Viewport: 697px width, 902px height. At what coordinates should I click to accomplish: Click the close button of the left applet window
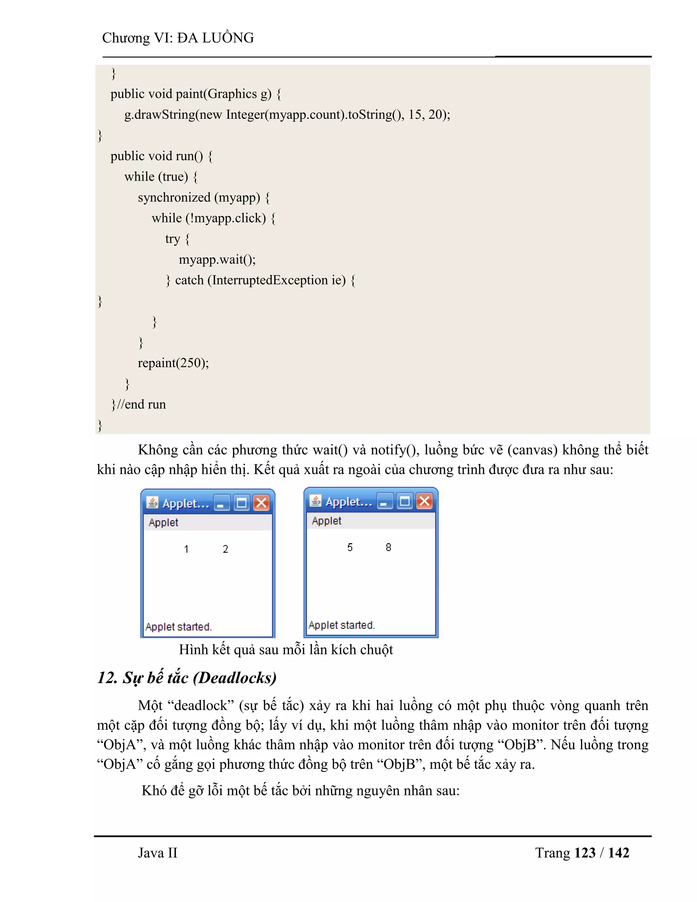261,503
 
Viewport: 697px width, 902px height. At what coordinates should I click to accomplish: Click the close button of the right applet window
424,501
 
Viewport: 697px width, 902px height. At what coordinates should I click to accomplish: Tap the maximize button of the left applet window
242,503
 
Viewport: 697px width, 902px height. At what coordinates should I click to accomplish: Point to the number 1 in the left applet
186,549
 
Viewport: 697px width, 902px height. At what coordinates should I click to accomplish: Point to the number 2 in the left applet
225,549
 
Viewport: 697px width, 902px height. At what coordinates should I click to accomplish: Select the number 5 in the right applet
350,547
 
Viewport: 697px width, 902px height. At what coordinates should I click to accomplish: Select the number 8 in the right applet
388,547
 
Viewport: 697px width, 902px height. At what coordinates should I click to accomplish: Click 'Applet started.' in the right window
341,625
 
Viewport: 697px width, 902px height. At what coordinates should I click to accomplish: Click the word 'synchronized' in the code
174,197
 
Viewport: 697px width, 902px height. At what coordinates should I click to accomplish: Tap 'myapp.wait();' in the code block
217,259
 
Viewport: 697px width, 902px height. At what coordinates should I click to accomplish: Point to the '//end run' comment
142,404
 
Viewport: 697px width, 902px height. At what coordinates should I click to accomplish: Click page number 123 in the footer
585,853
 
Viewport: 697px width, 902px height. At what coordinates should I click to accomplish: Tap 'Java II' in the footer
157,853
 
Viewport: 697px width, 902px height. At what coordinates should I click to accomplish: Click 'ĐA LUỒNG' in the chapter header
215,37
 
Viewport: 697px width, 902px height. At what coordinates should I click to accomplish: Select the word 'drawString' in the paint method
165,114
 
